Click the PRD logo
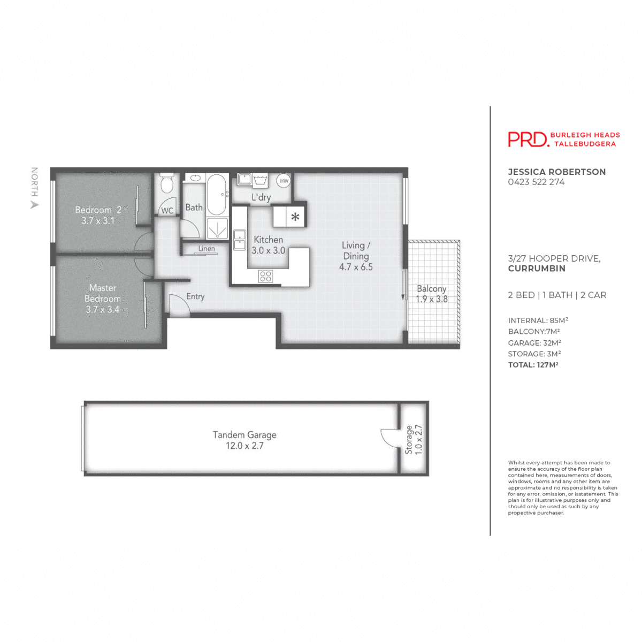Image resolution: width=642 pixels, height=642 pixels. pos(528,139)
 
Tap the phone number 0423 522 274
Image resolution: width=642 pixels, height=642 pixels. pos(536,182)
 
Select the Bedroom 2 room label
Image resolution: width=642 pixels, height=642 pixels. pos(98,210)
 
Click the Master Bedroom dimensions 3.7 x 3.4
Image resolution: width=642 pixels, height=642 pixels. pos(102,309)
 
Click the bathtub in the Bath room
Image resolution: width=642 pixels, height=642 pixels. pos(217,194)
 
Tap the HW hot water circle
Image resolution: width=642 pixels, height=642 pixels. pos(284,181)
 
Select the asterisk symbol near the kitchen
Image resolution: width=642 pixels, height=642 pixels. pos(295,217)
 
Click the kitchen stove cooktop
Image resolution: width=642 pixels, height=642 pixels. pos(265,276)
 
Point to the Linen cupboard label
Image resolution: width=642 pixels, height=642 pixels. pos(207,249)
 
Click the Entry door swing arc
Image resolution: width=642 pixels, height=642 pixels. pos(178,304)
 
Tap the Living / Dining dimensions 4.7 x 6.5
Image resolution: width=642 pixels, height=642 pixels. pos(356,266)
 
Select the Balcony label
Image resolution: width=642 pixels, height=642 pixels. pos(431,288)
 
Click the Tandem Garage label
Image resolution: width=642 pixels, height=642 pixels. pos(244,435)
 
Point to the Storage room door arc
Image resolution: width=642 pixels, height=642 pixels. pos(389,438)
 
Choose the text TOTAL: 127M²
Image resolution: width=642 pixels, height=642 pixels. pos(533,365)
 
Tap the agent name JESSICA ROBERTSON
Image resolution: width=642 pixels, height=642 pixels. pos(556,172)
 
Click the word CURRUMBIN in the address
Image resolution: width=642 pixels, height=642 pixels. pos(536,269)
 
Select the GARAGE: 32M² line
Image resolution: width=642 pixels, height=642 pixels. pos(534,343)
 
